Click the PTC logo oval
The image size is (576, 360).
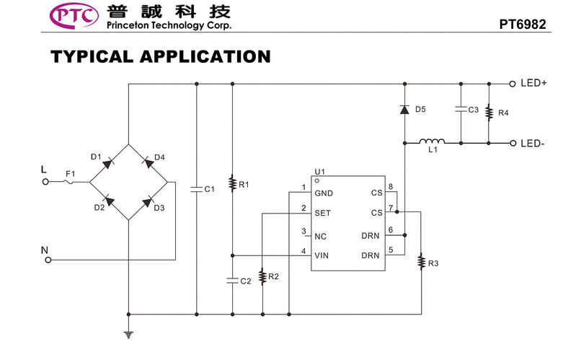tap(74, 16)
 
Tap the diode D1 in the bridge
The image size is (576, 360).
tap(108, 162)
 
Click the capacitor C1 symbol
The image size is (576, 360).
tap(197, 189)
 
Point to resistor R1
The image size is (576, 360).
tap(232, 184)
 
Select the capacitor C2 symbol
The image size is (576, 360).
tap(232, 281)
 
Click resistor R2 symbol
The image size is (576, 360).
tap(262, 277)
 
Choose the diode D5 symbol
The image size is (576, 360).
tap(404, 110)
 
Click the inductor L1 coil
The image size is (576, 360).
tap(433, 141)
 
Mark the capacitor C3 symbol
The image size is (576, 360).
tap(460, 110)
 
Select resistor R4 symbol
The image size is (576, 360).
tap(489, 113)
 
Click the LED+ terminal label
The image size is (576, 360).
tap(534, 83)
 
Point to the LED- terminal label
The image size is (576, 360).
tap(533, 143)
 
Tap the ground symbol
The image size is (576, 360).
tap(128, 333)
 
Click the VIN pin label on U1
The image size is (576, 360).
tap(322, 254)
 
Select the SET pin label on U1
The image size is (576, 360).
tap(322, 213)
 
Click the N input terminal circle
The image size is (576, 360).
tap(48, 260)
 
